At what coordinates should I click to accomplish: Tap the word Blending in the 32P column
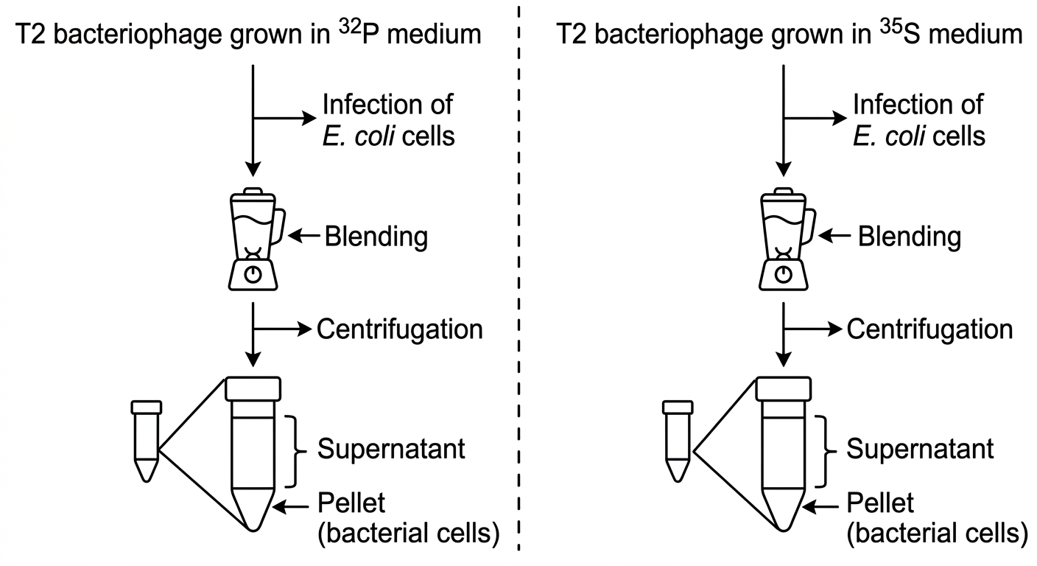[x=376, y=237]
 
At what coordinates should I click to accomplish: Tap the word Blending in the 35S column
[x=910, y=237]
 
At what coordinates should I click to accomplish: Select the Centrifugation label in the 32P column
[x=399, y=329]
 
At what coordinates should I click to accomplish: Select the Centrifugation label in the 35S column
[x=929, y=329]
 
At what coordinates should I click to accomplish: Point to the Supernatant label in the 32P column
[x=391, y=449]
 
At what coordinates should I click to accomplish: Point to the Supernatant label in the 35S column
[x=921, y=449]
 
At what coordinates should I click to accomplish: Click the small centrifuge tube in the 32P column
[x=147, y=441]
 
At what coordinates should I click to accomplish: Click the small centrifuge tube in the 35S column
[x=678, y=441]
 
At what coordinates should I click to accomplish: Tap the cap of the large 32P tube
[x=253, y=389]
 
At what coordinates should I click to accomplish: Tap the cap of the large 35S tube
[x=784, y=389]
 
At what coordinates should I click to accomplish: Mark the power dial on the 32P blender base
[x=253, y=275]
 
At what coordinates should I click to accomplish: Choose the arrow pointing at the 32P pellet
[x=291, y=507]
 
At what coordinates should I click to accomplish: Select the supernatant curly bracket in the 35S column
[x=826, y=451]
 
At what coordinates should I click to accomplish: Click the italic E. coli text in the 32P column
[x=359, y=136]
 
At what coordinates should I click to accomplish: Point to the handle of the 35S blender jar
[x=809, y=226]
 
